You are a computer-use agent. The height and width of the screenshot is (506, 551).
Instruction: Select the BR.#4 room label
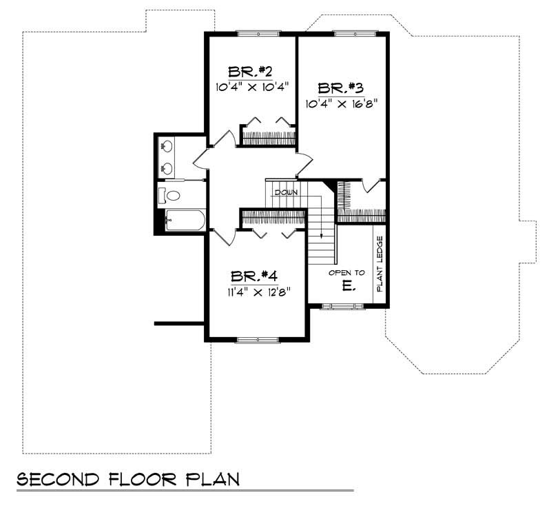click(x=254, y=276)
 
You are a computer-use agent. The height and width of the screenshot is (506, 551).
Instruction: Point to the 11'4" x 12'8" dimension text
click(x=256, y=291)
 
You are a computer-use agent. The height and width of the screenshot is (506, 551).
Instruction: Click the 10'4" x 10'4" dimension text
click(x=251, y=87)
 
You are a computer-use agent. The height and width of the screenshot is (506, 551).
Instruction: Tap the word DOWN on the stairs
click(x=285, y=192)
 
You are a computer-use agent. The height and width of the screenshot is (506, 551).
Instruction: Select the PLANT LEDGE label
click(x=380, y=263)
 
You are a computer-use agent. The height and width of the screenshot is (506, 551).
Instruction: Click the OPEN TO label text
click(x=346, y=273)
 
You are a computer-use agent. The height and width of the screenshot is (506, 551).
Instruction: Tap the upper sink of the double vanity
click(x=166, y=147)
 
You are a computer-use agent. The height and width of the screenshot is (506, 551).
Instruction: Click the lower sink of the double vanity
click(x=166, y=168)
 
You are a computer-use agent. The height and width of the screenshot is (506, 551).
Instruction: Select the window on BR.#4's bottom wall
click(x=258, y=339)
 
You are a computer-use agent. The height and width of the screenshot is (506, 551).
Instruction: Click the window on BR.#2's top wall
click(x=258, y=32)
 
